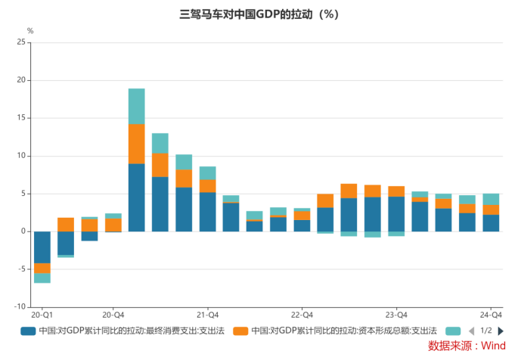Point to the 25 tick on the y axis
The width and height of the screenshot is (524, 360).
20,42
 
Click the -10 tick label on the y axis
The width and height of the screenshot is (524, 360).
19,307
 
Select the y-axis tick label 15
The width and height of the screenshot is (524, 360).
20,118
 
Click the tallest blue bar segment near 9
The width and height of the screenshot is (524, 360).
136,197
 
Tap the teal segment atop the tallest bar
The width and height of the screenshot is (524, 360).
136,106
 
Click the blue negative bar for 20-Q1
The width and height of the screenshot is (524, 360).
42,247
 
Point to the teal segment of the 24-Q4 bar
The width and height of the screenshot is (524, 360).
491,199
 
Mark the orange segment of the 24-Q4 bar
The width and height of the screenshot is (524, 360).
491,209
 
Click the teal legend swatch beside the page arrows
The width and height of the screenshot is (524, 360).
453,331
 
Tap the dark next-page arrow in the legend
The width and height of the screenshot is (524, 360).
501,331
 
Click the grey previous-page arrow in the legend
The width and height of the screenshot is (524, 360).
471,331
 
